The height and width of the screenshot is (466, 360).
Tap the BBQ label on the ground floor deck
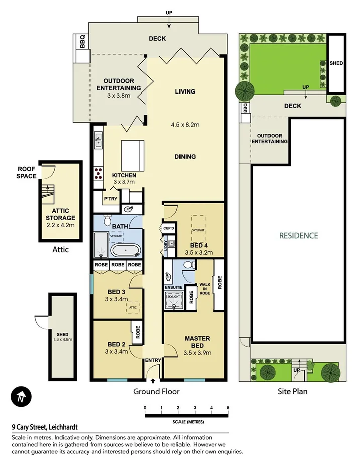82,41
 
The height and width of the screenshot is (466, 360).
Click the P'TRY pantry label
110,199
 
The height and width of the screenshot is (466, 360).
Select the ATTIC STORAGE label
60,214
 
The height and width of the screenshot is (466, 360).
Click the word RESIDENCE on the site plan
299,235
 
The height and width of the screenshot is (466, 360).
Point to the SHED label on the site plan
336,64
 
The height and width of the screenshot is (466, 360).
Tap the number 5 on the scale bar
228,408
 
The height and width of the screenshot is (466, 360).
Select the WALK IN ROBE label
204,290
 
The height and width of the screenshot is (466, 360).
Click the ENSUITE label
172,287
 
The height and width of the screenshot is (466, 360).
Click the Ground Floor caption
156,391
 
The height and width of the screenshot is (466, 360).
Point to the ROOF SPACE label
27,173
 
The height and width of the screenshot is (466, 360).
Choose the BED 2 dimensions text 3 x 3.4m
116,351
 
